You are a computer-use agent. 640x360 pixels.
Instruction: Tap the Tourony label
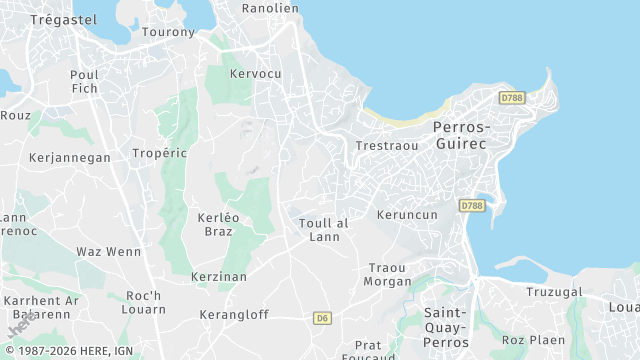[168, 32]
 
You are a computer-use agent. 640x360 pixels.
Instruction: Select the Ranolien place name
[270, 8]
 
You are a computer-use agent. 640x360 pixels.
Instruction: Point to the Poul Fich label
[84, 82]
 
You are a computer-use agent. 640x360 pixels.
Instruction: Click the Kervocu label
[255, 74]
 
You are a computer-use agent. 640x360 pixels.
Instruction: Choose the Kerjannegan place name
[70, 158]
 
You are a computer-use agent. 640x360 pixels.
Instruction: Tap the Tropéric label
[160, 153]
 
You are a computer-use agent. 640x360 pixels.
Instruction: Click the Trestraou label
[387, 146]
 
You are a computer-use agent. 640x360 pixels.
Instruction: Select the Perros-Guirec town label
[461, 135]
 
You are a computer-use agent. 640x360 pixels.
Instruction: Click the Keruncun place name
[407, 215]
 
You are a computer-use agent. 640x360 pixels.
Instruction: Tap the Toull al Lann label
[324, 230]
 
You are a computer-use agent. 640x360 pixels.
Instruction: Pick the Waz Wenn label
[109, 251]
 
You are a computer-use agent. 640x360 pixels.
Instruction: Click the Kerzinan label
[219, 276]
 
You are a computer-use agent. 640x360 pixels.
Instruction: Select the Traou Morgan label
[389, 274]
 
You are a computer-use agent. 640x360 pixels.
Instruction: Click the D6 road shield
[321, 318]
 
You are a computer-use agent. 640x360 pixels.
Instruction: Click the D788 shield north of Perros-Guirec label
[512, 98]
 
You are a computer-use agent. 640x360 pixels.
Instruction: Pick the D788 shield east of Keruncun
[472, 205]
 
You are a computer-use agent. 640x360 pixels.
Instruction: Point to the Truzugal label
[555, 292]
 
